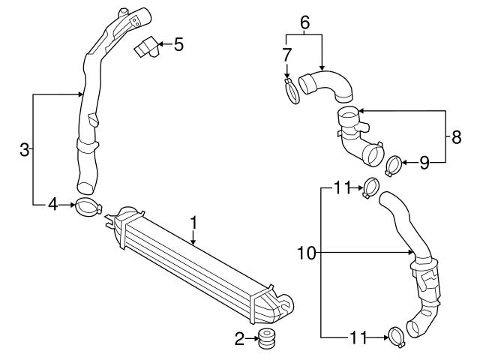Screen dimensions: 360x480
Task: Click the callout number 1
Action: click(x=193, y=223)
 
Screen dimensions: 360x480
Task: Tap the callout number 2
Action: click(x=240, y=340)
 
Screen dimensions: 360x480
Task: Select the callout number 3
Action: click(x=25, y=150)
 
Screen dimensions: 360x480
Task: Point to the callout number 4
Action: click(x=52, y=203)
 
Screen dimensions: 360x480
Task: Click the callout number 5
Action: click(x=178, y=44)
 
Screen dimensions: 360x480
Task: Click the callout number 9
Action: click(x=424, y=163)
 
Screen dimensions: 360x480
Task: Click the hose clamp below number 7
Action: click(x=291, y=92)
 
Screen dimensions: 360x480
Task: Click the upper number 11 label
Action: click(x=343, y=187)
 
